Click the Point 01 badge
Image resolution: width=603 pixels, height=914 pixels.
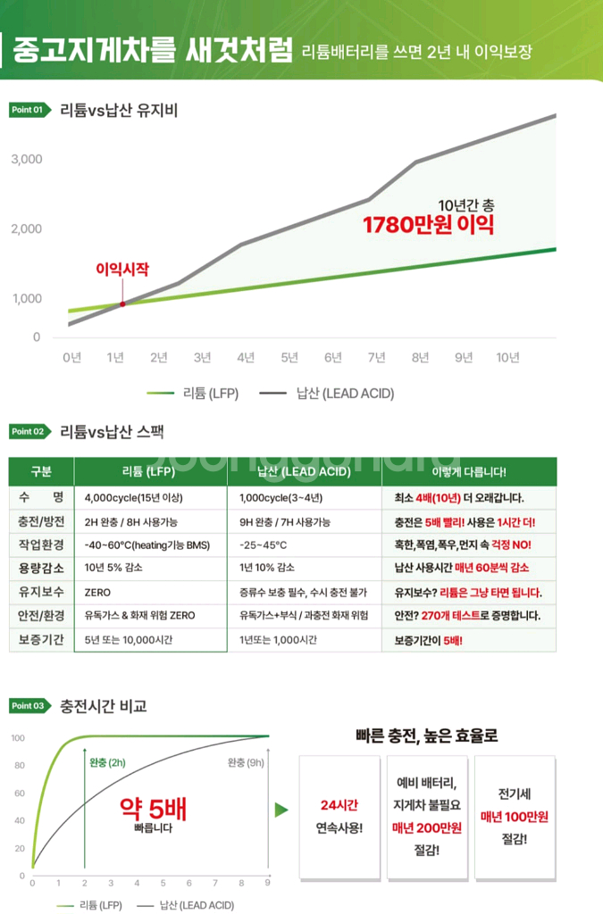tap(28, 110)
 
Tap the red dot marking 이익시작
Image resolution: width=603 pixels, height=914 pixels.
tap(122, 304)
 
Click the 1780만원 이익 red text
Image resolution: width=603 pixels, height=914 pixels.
tap(428, 224)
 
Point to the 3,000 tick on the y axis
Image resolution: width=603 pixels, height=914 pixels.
tap(27, 159)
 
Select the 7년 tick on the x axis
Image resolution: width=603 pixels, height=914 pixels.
tap(377, 358)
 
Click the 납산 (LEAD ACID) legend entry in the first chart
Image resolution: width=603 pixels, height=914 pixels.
tap(327, 393)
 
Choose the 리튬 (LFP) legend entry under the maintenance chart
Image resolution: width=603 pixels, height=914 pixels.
tap(191, 393)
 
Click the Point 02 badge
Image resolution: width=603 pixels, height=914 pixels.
tap(28, 431)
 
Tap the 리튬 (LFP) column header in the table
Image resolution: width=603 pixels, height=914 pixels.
tap(148, 471)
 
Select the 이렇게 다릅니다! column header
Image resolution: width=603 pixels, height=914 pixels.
tap(468, 471)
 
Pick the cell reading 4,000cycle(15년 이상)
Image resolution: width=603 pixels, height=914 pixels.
tap(141, 498)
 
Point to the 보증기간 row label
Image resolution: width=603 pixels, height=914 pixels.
tap(41, 640)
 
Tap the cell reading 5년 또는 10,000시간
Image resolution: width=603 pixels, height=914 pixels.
tap(129, 640)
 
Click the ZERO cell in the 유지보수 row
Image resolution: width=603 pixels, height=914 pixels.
tap(97, 592)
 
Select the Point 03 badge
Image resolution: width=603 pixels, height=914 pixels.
tap(28, 706)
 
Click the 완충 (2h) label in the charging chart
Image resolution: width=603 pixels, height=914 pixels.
tap(108, 762)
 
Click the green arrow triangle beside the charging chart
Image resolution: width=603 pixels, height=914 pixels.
tap(281, 810)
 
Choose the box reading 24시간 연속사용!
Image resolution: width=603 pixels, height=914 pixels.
tap(339, 816)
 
